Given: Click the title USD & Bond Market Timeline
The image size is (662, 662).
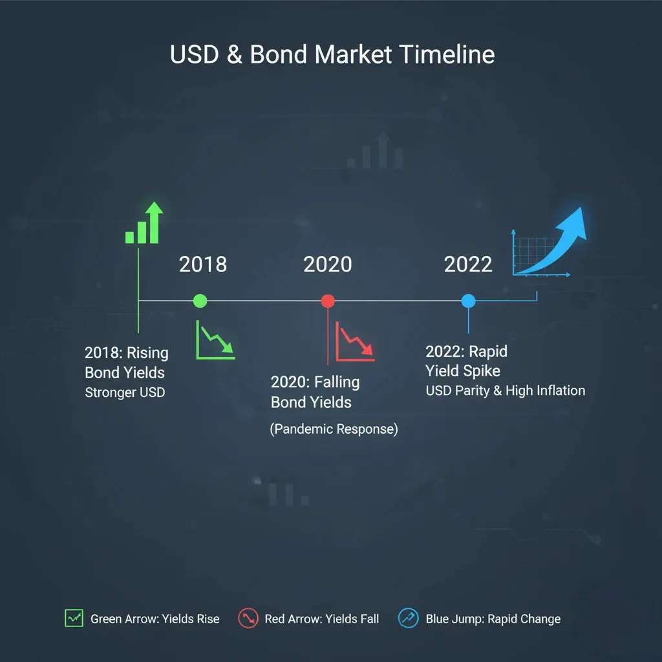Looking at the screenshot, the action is click(x=332, y=54).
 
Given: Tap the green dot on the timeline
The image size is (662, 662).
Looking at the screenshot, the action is click(x=200, y=301).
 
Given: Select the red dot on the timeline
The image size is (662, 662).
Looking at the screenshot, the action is click(x=328, y=301).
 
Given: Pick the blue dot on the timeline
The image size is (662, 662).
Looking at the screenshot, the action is click(x=468, y=301).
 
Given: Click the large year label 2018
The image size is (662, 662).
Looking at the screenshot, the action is click(x=202, y=264).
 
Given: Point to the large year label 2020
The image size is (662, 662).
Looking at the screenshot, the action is click(x=328, y=264).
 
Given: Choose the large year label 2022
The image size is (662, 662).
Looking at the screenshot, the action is click(x=468, y=264).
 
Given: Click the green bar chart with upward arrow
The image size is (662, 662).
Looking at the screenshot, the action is click(x=144, y=222).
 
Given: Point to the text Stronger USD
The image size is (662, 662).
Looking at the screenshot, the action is click(x=125, y=392).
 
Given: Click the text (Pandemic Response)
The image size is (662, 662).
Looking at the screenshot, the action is click(x=334, y=429).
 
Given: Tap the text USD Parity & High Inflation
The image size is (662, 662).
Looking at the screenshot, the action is click(x=506, y=390).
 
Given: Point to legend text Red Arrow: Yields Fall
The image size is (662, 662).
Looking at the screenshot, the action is click(x=322, y=619).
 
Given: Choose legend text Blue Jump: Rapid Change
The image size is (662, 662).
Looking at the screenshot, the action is click(x=493, y=619).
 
